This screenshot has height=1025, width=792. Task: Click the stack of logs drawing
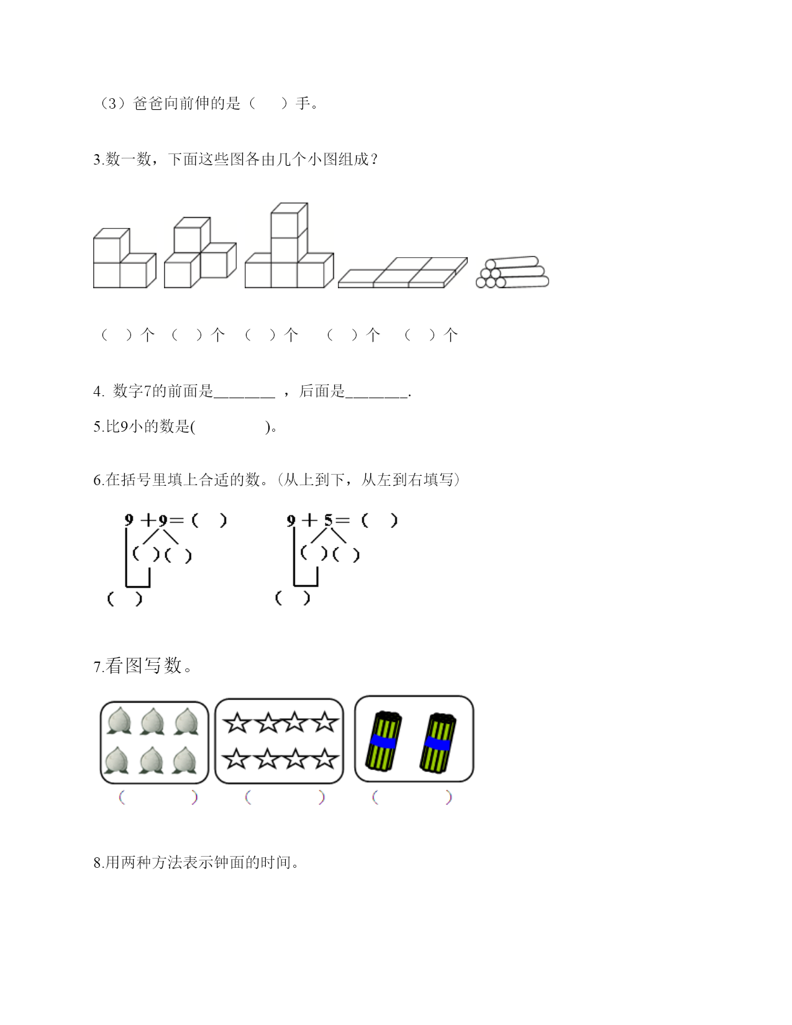[x=512, y=272]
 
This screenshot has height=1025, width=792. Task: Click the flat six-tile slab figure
[x=403, y=273]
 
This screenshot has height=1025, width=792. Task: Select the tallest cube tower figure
[x=289, y=245]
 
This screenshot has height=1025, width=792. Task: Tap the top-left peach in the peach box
[x=119, y=721]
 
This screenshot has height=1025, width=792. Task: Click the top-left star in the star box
[x=236, y=723]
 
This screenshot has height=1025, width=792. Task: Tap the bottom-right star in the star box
[x=324, y=759]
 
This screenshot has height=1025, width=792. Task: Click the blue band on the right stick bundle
[x=438, y=744]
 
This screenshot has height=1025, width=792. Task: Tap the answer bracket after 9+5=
[x=380, y=521]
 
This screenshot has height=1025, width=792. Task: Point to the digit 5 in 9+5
[x=329, y=520]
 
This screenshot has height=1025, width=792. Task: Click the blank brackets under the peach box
[x=158, y=798]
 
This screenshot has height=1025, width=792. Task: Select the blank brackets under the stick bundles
[x=412, y=798]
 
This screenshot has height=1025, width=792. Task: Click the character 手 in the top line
[x=303, y=103]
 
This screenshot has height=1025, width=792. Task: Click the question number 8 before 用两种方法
[x=98, y=863]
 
